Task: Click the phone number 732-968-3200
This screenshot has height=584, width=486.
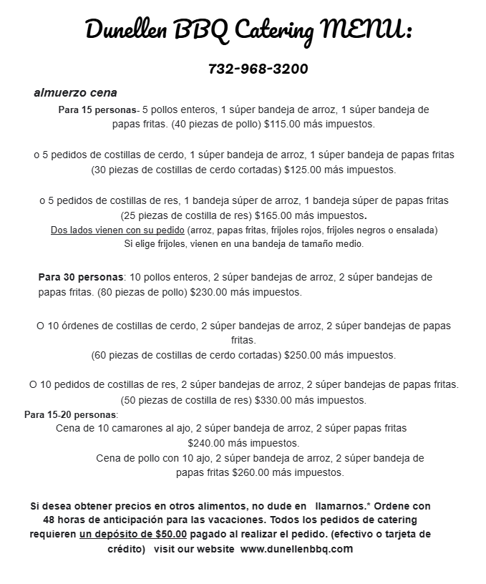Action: (x=258, y=69)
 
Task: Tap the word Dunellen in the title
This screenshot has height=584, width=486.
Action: (x=125, y=30)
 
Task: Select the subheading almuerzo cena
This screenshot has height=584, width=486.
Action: (x=75, y=93)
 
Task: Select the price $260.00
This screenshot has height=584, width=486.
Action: (x=254, y=472)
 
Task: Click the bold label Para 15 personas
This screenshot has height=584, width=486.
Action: (x=97, y=110)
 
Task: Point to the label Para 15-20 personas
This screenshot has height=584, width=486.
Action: (x=70, y=414)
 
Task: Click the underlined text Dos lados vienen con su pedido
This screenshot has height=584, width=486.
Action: (x=117, y=230)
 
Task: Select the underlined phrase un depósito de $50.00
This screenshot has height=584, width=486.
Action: (x=133, y=534)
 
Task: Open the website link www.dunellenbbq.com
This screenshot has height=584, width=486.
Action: (x=296, y=549)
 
